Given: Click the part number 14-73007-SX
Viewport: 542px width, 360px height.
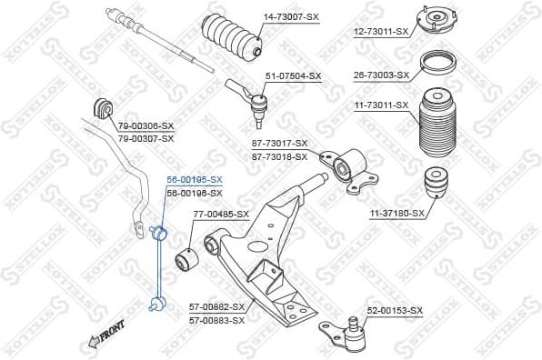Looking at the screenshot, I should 292,17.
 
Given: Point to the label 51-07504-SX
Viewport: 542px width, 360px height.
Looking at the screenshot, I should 293,75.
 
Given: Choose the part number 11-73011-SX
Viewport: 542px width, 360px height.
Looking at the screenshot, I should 381,105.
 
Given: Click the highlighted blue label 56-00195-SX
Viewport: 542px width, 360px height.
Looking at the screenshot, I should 193,180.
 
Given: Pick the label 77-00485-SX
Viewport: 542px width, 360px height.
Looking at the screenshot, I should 221,214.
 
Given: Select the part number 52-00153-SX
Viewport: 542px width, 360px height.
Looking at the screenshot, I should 395,311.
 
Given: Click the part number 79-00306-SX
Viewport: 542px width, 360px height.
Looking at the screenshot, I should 146,125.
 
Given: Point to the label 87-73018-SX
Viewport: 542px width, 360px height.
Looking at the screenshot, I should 279,156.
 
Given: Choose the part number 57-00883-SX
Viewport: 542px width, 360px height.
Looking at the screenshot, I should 217,320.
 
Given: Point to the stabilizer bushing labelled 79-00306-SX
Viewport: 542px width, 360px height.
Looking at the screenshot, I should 101,107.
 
